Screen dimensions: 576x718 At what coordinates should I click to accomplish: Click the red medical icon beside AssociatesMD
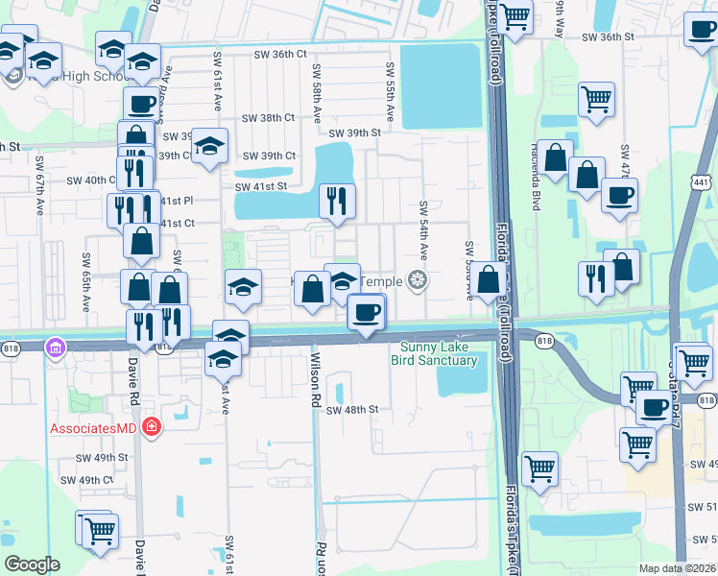[x=151, y=425]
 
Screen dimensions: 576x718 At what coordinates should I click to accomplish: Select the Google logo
[x=32, y=564]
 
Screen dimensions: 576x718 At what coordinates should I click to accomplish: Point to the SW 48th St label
[x=352, y=410]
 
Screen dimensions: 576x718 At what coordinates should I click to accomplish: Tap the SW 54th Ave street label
[x=422, y=230]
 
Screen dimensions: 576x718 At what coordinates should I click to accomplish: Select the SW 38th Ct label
[x=269, y=118]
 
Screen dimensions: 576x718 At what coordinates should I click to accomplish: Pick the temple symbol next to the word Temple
[x=417, y=280]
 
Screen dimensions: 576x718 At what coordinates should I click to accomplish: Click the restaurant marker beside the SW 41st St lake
[x=336, y=200]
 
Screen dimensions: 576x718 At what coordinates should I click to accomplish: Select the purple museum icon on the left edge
[x=56, y=346]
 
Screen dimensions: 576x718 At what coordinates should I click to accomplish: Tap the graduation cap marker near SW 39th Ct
[x=208, y=147]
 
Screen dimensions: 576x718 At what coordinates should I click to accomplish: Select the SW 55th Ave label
[x=390, y=91]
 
